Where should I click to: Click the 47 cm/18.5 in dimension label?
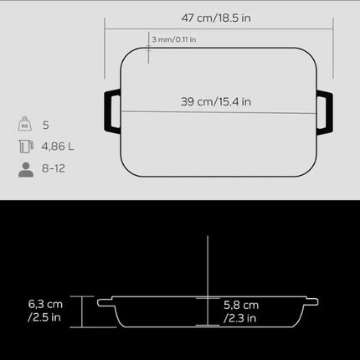(216, 18)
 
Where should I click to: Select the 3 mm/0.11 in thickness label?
(174, 39)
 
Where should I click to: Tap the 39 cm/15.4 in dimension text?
(216, 101)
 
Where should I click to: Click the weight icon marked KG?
(24, 124)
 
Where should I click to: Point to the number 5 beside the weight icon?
(46, 125)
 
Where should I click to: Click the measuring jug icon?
(26, 147)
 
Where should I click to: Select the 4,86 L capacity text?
(58, 147)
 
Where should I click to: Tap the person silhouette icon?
(26, 169)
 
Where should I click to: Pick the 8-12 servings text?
(54, 168)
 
